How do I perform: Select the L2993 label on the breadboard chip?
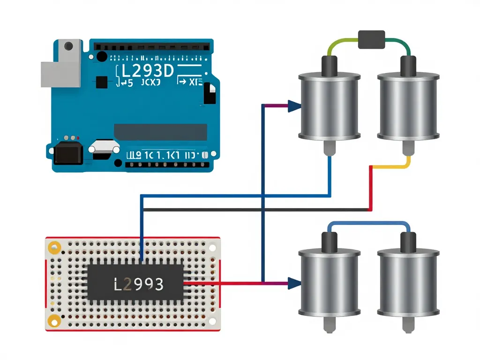(139, 284)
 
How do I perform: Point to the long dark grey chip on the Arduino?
(160, 132)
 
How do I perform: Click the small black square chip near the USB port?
(101, 82)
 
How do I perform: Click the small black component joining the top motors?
(371, 39)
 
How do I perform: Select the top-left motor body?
(329, 106)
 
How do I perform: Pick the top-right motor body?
(408, 106)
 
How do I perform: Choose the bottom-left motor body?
(329, 284)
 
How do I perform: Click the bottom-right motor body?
(408, 284)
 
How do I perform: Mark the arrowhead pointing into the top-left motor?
(294, 106)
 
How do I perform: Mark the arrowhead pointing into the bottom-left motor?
(294, 283)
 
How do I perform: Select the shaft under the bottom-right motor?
(408, 325)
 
